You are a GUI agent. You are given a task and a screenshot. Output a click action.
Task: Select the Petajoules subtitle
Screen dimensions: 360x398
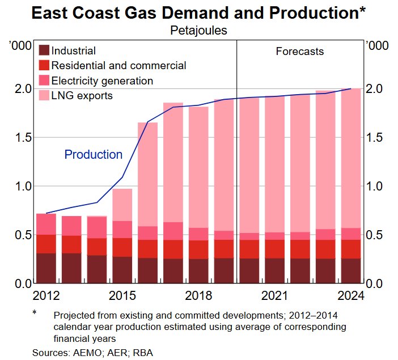click(x=198, y=31)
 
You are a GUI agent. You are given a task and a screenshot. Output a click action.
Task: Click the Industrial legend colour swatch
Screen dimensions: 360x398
click(x=44, y=51)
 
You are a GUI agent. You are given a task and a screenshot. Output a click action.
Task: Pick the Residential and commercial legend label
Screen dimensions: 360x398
click(x=118, y=66)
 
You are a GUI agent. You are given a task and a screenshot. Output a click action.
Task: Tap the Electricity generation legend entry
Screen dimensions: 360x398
click(x=102, y=81)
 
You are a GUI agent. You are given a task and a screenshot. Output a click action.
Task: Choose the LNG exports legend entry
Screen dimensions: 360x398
click(x=82, y=95)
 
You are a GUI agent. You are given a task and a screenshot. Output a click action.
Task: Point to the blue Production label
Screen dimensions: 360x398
click(x=93, y=154)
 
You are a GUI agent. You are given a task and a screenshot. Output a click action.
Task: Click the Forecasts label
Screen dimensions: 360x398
click(x=299, y=52)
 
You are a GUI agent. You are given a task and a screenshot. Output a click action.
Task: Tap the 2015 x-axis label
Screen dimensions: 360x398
click(x=122, y=295)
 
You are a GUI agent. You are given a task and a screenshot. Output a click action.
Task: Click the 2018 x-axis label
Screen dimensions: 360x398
click(x=198, y=295)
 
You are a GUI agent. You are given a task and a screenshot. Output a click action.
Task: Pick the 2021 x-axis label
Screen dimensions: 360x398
click(x=274, y=295)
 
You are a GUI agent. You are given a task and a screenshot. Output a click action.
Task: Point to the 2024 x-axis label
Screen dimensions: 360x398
click(x=350, y=295)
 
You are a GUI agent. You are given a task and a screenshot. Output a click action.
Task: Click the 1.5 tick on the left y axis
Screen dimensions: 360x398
click(x=22, y=138)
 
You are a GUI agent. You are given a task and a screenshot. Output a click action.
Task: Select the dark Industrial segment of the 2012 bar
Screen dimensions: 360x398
click(x=46, y=268)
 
